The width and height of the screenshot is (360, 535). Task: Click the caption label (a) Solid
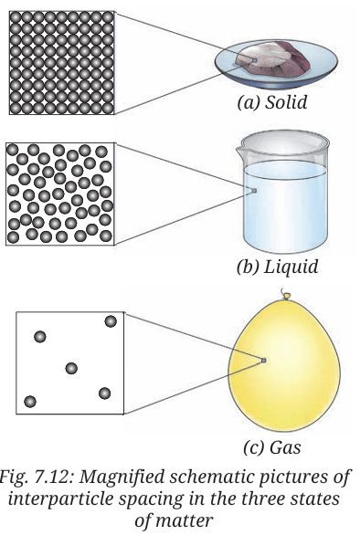tap(272, 102)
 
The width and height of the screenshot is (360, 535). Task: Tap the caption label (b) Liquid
tap(277, 267)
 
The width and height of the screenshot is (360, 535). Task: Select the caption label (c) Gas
tap(272, 447)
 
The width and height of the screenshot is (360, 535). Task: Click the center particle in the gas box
tap(71, 369)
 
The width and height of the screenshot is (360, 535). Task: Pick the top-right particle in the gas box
tap(111, 321)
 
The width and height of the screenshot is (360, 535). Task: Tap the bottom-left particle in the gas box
tap(30, 402)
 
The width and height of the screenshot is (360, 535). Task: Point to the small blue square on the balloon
tap(263, 361)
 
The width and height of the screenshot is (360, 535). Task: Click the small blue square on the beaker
tap(254, 191)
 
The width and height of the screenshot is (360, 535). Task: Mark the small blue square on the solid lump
tap(254, 60)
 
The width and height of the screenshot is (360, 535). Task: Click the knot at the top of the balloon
tap(286, 295)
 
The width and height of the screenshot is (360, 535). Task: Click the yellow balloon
tap(284, 365)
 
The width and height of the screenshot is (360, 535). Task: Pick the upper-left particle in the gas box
tap(40, 337)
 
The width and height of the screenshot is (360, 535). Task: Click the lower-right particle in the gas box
tap(104, 393)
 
